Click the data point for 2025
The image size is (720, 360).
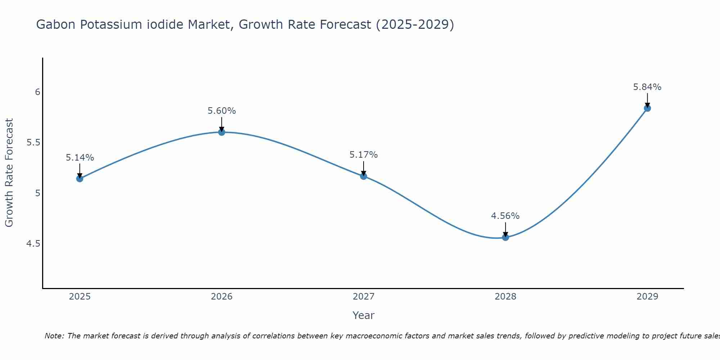80,179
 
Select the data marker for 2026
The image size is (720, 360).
221,132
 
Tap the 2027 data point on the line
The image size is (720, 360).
364,176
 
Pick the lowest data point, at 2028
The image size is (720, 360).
505,237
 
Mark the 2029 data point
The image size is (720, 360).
647,108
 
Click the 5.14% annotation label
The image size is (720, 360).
80,158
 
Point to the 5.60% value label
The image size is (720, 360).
221,111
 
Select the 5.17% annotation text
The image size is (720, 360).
364,155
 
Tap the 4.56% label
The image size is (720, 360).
505,216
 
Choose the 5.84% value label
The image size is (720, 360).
647,87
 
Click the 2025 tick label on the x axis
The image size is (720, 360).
80,297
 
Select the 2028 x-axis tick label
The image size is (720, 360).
505,297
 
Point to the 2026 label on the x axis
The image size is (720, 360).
221,297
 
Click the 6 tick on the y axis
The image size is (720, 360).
37,92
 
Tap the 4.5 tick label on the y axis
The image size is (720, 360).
33,244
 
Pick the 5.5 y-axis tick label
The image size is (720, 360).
33,143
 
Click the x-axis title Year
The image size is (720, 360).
364,315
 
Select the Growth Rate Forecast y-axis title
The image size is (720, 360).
9,173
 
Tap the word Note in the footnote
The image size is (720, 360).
54,336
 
